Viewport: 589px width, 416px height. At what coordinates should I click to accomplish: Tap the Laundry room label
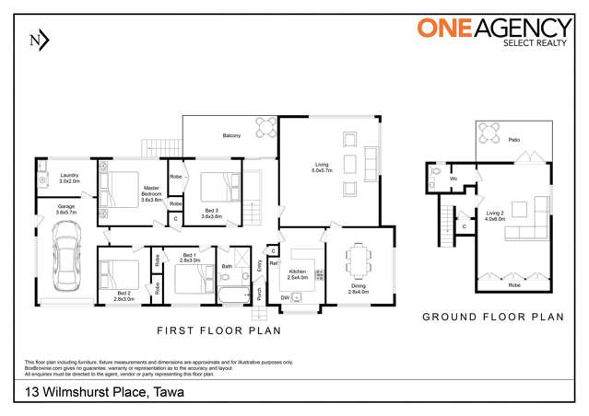coord(70,178)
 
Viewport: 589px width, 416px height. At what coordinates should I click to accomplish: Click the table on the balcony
coord(265,126)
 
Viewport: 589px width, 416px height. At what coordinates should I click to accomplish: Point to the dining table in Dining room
coord(358,260)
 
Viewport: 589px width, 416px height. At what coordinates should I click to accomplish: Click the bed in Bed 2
coord(119,273)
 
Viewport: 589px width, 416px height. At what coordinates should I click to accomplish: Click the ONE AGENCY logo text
coord(492,28)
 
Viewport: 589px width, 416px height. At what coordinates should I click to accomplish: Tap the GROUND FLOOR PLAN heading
coord(492,316)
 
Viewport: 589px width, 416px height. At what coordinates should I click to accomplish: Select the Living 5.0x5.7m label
coord(319,168)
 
